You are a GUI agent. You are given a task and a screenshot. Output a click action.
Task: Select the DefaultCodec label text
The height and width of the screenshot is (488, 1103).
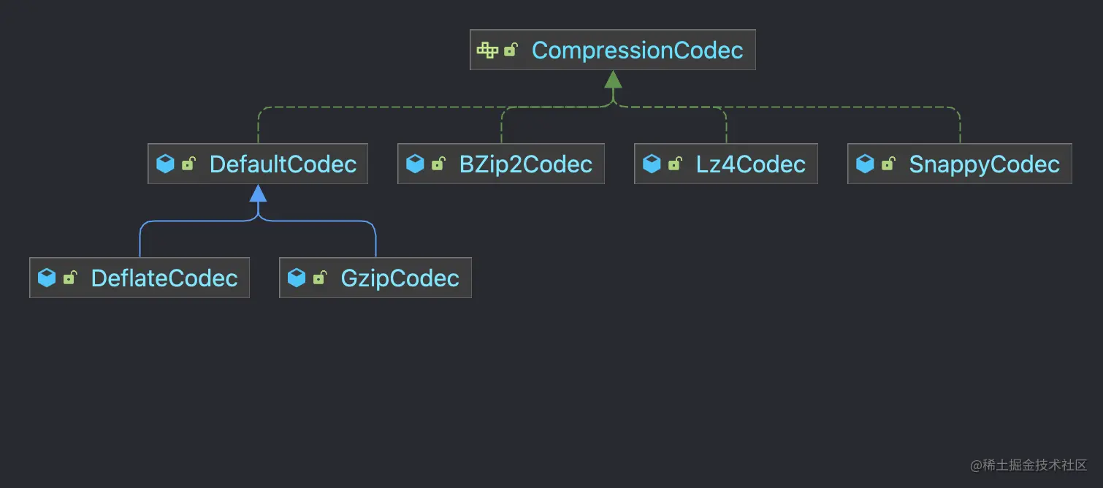click(x=283, y=164)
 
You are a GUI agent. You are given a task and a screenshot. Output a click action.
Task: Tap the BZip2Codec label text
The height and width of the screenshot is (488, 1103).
click(x=525, y=164)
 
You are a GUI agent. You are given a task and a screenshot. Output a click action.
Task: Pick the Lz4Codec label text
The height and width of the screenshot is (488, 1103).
click(x=750, y=164)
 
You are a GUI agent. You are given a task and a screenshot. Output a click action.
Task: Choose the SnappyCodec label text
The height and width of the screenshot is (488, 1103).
click(x=984, y=164)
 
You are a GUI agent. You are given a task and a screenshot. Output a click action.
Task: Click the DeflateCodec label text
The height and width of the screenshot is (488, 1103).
click(x=164, y=278)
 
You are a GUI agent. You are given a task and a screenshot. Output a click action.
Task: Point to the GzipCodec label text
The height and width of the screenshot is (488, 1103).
click(x=400, y=278)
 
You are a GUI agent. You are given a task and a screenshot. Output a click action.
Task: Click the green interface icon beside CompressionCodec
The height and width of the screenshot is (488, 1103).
click(x=487, y=50)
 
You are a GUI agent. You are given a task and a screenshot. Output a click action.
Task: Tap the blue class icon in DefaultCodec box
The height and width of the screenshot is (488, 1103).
click(x=166, y=164)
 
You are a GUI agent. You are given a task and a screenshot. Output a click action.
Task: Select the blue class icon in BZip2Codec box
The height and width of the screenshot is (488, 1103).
click(x=415, y=164)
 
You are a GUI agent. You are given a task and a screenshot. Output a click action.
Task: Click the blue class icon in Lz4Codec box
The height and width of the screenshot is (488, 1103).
click(x=652, y=164)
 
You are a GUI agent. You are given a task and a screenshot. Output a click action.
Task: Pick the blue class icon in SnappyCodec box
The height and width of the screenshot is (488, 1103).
click(x=865, y=164)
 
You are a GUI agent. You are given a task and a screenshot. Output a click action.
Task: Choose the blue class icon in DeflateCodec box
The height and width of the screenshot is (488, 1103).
click(x=47, y=278)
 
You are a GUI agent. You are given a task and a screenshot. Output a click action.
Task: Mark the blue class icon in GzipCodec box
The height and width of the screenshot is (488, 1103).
click(x=297, y=278)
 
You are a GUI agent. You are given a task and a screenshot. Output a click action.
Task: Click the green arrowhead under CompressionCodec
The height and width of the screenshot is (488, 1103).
click(x=613, y=80)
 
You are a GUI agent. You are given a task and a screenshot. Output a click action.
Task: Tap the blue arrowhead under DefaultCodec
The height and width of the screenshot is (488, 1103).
click(x=258, y=194)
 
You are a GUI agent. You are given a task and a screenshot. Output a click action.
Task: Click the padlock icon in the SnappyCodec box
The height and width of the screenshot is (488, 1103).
click(x=888, y=164)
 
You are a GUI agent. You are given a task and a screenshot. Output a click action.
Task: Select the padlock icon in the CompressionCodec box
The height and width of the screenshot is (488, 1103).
click(x=511, y=50)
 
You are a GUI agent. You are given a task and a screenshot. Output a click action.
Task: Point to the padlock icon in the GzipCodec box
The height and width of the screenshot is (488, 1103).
click(x=319, y=278)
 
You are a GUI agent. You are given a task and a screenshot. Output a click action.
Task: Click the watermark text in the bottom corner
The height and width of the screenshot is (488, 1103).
click(x=1028, y=465)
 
